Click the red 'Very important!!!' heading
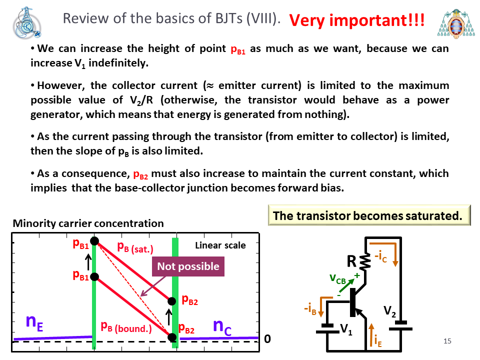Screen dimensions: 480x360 (357, 20)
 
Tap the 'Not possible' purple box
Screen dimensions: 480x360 (188, 266)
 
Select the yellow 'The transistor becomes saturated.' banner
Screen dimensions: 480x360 (369, 215)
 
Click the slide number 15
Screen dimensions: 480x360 (447, 340)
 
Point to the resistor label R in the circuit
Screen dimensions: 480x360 (351, 261)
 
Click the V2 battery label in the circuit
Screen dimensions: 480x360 (389, 311)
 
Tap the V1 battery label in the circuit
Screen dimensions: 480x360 (346, 329)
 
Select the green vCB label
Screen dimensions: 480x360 (337, 279)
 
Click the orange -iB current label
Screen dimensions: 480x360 (310, 308)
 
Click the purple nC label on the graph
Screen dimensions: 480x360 (222, 326)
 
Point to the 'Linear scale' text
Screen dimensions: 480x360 (220, 245)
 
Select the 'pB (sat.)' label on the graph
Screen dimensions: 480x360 (135, 247)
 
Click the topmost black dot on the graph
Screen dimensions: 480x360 (94, 241)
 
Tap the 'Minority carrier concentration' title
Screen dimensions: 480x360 (88, 223)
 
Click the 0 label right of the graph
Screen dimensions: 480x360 (267, 339)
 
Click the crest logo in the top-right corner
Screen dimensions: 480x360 (456, 23)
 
